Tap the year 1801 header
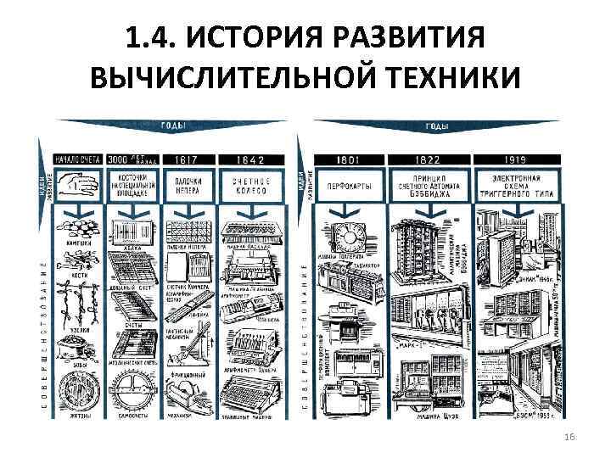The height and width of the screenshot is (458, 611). click(x=348, y=159)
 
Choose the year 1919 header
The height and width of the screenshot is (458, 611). click(x=513, y=159)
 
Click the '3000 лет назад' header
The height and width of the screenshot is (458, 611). click(x=132, y=159)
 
